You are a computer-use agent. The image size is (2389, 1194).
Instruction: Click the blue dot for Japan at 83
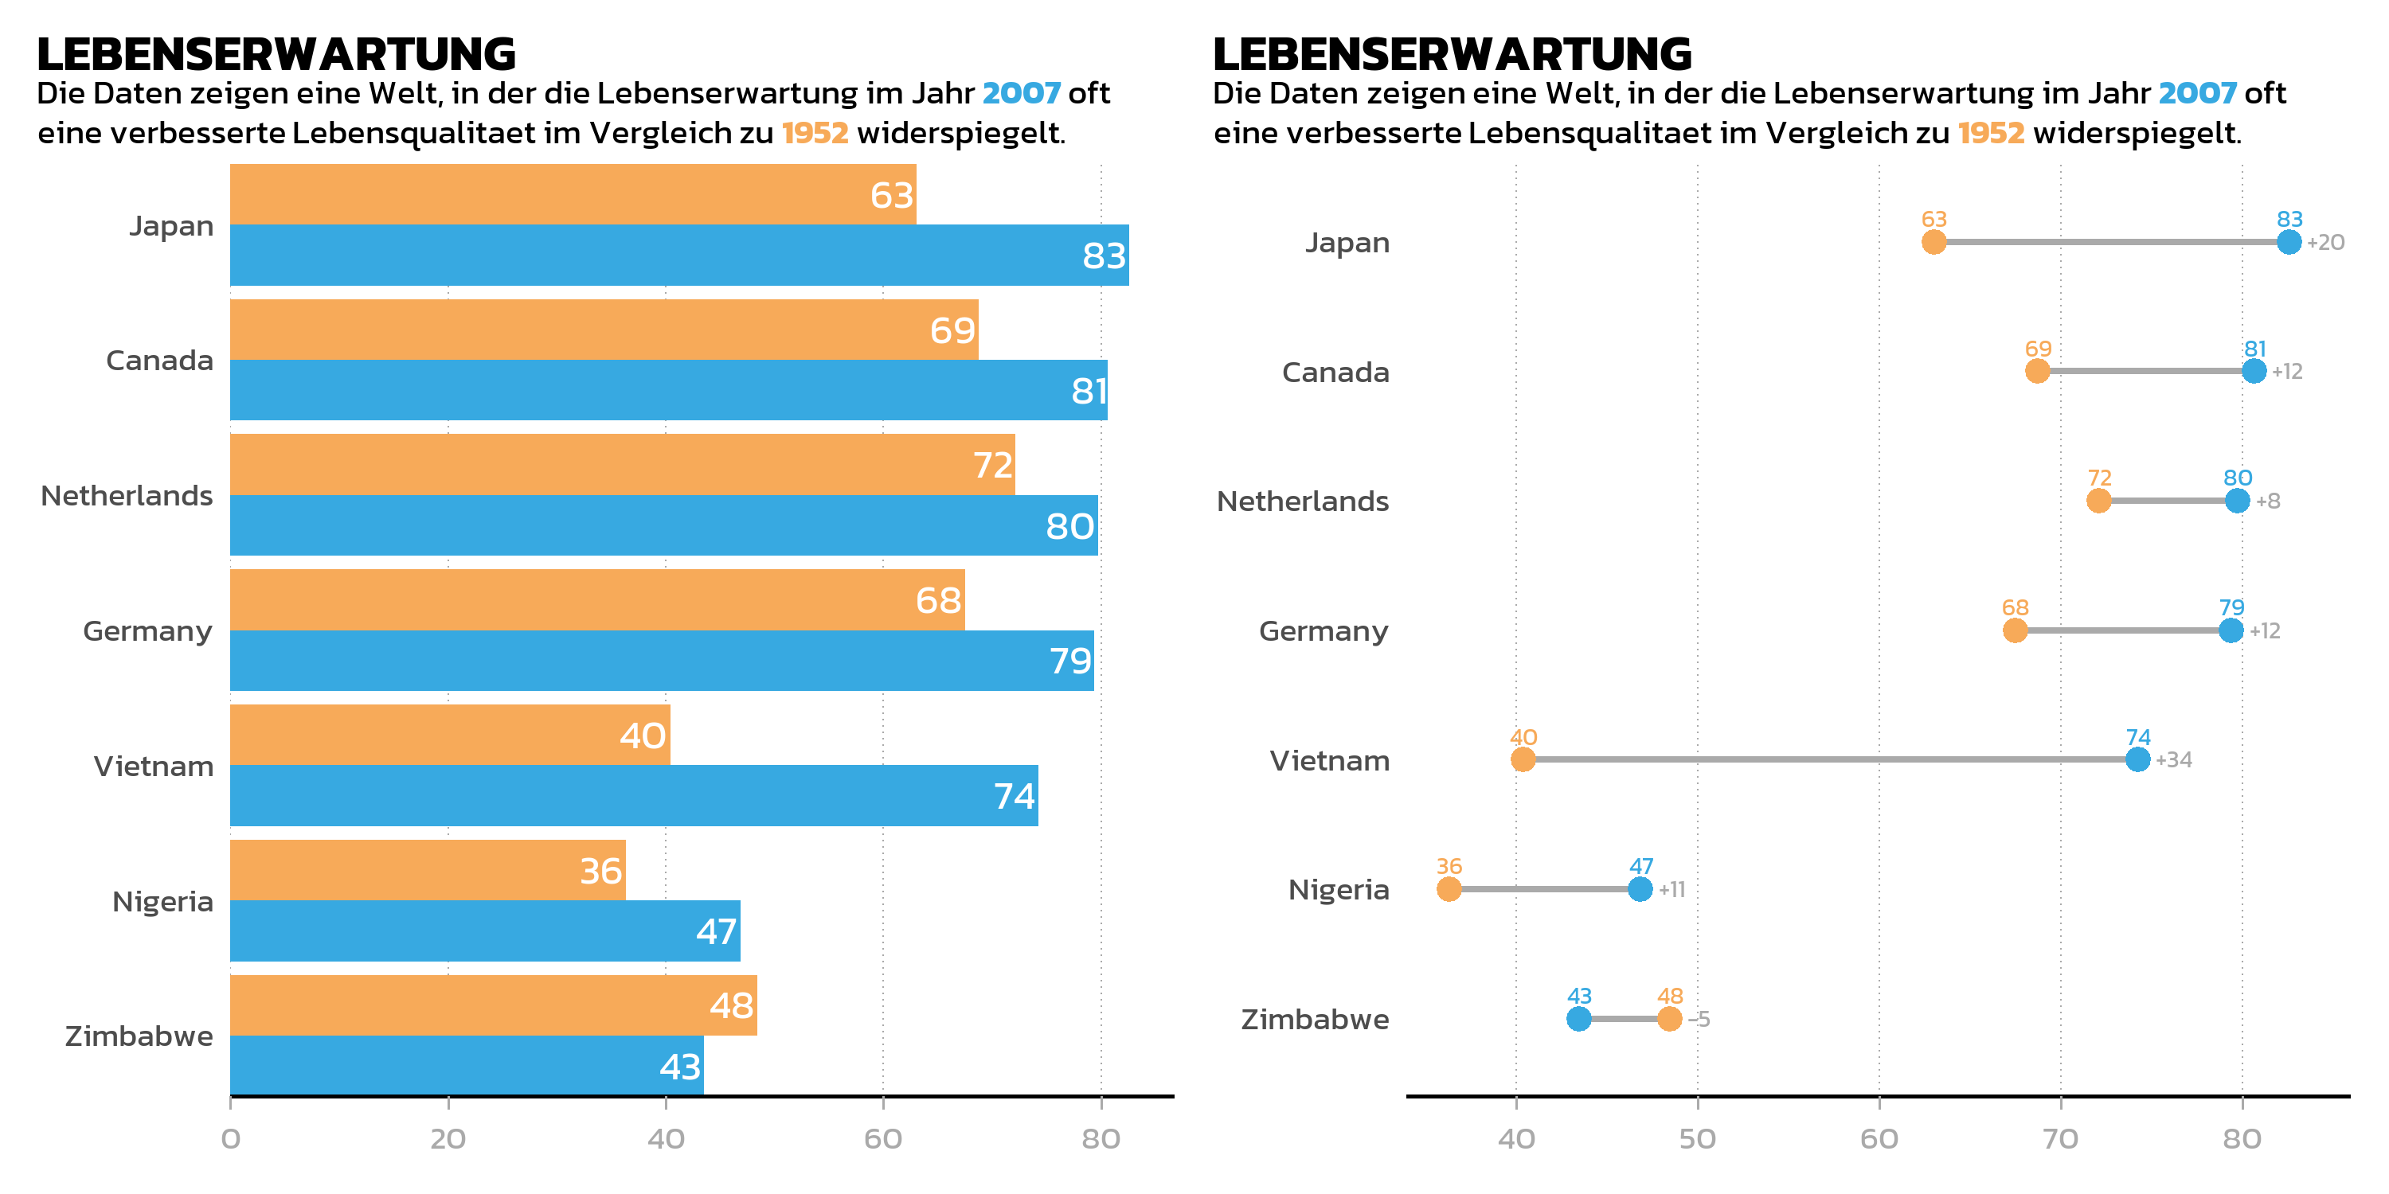pos(2289,242)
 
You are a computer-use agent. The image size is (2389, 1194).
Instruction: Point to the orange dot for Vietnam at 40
pos(1523,760)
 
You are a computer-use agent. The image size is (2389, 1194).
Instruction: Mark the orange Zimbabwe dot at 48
pos(1669,1019)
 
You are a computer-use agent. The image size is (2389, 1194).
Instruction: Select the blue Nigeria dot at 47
pos(1640,889)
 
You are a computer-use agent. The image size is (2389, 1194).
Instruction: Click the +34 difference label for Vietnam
pos(2174,760)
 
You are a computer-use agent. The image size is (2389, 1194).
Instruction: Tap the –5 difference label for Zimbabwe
pos(1699,1019)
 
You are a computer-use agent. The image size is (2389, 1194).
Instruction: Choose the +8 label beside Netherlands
pos(2267,501)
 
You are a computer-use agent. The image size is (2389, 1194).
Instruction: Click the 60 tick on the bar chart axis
pos(883,1138)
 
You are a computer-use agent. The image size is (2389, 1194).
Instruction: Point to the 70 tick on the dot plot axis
pos(2061,1138)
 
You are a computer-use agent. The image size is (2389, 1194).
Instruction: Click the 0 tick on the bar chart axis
pos(231,1138)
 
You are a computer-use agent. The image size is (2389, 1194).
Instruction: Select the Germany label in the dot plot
pos(1324,631)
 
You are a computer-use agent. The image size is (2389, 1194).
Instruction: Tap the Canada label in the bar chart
pos(159,361)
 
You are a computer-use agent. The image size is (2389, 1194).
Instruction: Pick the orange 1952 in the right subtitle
pos(1991,134)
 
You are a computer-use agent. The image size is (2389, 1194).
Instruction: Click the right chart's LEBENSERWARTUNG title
pos(1453,54)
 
